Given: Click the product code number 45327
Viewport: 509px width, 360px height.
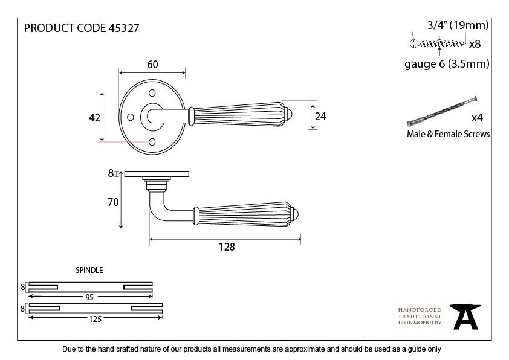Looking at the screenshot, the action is [x=124, y=28].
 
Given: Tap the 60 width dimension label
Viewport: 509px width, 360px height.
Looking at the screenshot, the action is [x=152, y=65].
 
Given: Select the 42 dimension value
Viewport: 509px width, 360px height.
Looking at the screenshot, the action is [x=94, y=117].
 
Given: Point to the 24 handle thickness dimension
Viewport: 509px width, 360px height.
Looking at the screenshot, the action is [x=320, y=117].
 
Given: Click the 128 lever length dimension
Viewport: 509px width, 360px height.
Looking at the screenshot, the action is [x=227, y=247].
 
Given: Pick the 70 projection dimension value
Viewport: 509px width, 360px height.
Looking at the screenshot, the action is [x=113, y=202].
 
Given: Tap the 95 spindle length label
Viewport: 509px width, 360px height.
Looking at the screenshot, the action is [x=89, y=297].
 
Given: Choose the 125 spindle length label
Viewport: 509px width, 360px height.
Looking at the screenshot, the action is [x=96, y=319].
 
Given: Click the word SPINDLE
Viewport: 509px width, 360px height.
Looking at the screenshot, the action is [x=89, y=270].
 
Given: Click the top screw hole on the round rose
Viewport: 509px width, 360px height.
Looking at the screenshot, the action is [x=152, y=93].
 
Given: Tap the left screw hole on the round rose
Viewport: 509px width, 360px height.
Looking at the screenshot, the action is [x=131, y=117].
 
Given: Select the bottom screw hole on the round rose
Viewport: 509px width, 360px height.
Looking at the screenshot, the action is [x=152, y=142].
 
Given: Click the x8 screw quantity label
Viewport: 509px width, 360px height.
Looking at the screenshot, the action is [x=475, y=43].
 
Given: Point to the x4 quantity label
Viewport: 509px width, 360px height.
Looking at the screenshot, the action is [x=477, y=118].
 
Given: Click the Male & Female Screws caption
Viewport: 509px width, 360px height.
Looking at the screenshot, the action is [x=449, y=134].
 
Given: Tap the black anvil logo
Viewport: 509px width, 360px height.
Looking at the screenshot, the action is [x=465, y=317].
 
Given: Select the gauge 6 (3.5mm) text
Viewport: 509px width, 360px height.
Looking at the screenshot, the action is [x=447, y=64].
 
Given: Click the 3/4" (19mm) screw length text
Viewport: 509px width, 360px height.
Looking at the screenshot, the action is [x=458, y=25].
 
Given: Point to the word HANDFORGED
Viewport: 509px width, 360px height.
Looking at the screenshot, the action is [x=420, y=310].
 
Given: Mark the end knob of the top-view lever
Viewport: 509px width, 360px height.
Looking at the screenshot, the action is [x=289, y=114].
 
